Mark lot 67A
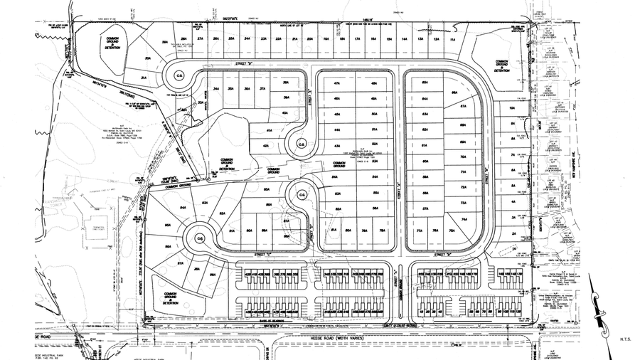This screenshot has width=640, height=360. pos(463,106)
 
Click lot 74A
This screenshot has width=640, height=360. pos(463,220)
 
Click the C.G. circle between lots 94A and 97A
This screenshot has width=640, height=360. pos(201,238)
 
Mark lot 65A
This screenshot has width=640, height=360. pos(425,83)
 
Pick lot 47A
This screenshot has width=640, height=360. pos(336,83)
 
